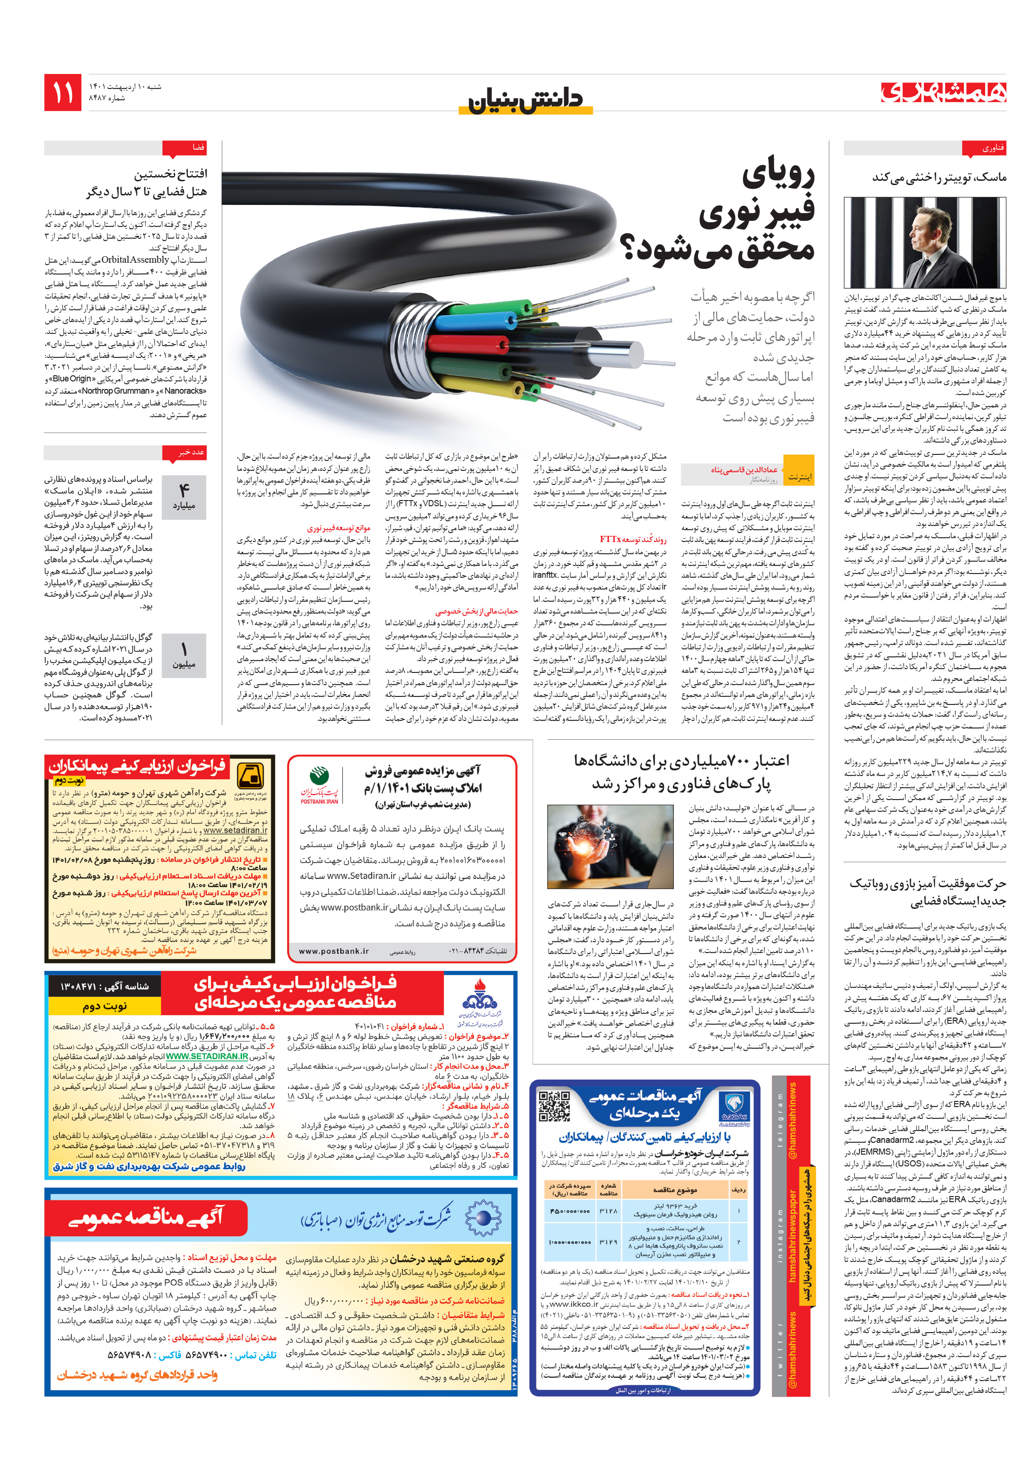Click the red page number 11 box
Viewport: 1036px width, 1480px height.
tap(63, 92)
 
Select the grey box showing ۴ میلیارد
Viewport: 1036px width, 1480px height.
tap(183, 497)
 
